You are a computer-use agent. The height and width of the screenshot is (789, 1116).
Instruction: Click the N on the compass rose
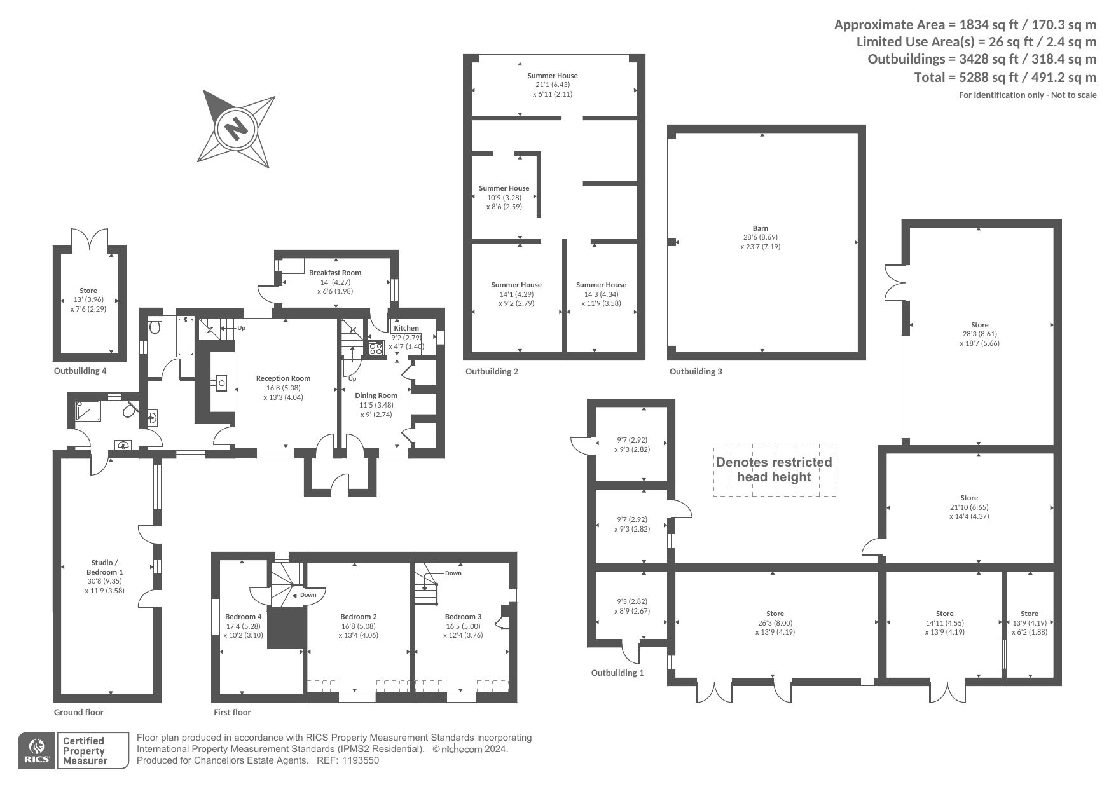click(236, 129)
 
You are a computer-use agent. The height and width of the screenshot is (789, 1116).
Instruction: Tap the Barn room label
click(761, 228)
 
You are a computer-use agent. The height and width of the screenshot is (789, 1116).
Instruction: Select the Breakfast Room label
click(335, 273)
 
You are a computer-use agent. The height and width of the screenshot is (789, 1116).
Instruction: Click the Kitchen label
click(406, 328)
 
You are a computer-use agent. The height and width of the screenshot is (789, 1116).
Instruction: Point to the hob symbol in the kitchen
click(375, 348)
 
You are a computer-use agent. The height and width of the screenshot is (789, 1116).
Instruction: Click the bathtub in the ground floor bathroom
click(186, 336)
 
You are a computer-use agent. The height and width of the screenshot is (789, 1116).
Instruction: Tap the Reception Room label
click(283, 378)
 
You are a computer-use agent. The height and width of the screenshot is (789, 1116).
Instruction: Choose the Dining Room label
click(376, 395)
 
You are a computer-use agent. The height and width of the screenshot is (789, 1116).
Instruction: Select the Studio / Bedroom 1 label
click(104, 567)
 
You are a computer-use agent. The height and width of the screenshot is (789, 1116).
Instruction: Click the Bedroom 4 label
click(243, 617)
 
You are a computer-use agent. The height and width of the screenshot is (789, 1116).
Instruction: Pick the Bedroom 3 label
click(463, 617)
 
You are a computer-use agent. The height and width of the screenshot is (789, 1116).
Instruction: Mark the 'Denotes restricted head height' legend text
click(774, 470)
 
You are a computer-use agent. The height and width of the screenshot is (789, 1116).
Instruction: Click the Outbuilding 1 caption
click(617, 673)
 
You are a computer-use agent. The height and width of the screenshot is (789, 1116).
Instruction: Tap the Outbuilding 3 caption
click(696, 371)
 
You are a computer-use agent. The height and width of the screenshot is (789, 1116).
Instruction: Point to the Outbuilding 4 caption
click(80, 371)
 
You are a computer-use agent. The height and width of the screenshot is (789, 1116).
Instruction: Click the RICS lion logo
click(36, 751)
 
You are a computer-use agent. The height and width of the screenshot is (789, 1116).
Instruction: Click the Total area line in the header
click(1005, 78)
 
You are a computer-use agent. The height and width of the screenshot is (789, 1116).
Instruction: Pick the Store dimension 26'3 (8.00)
click(775, 623)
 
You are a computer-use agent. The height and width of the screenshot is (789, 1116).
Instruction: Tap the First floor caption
click(232, 712)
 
